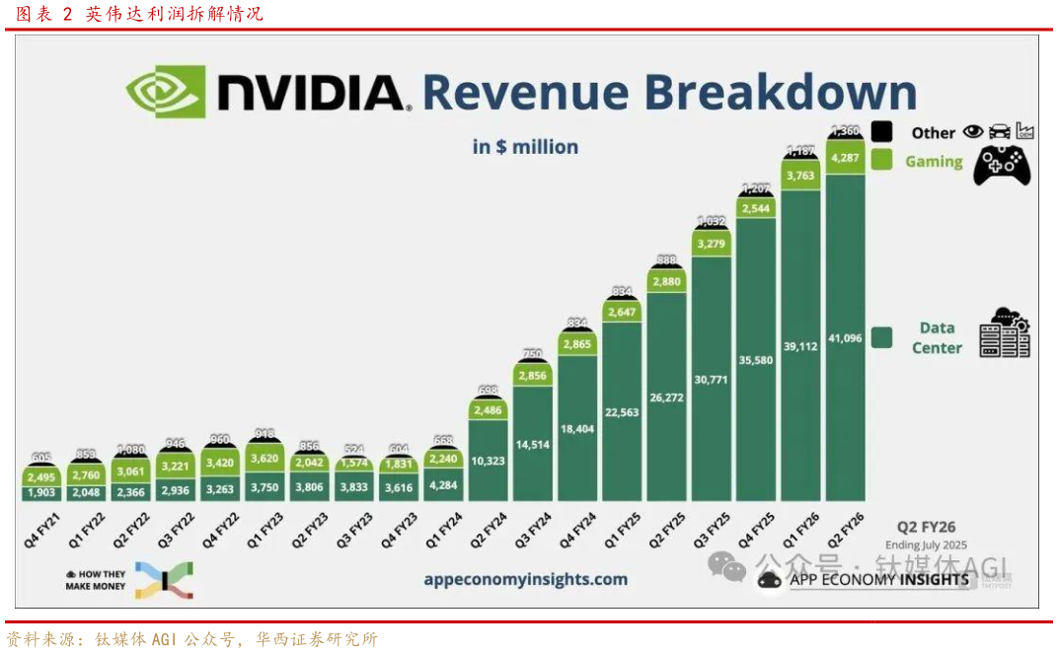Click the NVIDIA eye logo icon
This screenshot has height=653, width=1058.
[x=165, y=91]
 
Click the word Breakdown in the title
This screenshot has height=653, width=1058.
[x=780, y=92]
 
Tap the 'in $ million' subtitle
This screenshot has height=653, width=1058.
[x=525, y=147]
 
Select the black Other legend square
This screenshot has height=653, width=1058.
[x=882, y=131]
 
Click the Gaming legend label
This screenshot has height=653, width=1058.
[x=934, y=161]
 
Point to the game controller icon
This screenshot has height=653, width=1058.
[x=1002, y=164]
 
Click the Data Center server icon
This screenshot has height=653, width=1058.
[x=1005, y=332]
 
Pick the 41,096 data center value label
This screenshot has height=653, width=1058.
[x=845, y=338]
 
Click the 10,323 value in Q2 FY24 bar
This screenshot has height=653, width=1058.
[x=489, y=461]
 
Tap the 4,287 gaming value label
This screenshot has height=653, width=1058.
[x=845, y=156]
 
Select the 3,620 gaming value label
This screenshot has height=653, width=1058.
[x=265, y=459]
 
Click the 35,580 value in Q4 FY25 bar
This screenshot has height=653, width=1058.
[x=755, y=360]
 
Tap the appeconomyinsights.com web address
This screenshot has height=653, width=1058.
[x=525, y=579]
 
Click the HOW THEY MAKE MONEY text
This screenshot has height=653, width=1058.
[x=95, y=580]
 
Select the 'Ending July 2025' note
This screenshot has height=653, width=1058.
[x=926, y=544]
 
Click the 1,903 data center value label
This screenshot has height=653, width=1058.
[x=42, y=492]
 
